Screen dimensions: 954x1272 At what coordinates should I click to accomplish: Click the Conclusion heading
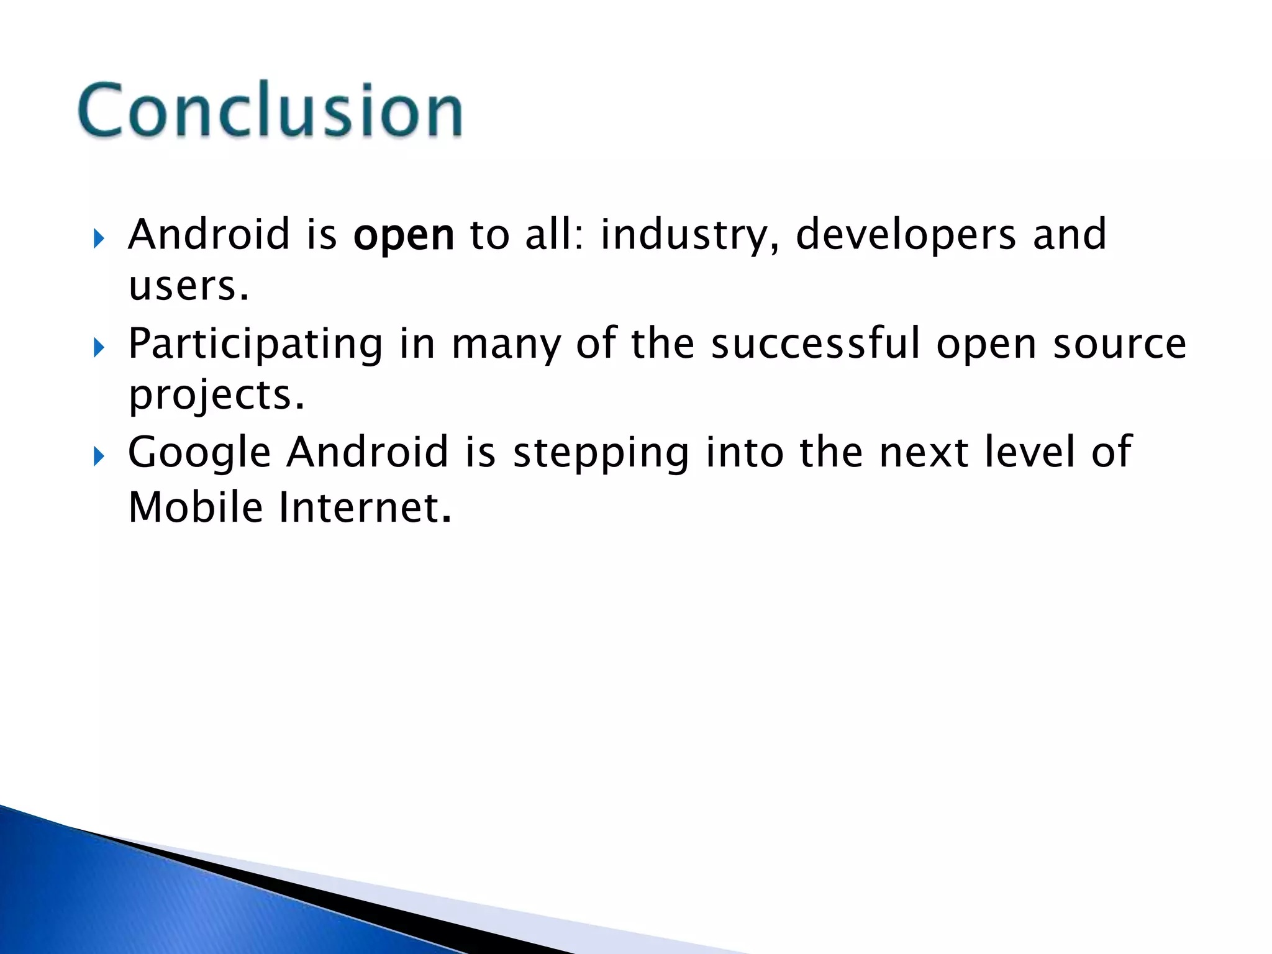pyautogui.click(x=270, y=111)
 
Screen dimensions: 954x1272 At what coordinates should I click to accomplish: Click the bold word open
pyautogui.click(x=404, y=236)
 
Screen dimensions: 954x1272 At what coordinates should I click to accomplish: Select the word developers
pyautogui.click(x=906, y=235)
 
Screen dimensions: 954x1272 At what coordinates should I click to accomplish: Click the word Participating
pyautogui.click(x=255, y=345)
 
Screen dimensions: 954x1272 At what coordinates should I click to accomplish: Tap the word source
pyautogui.click(x=1119, y=345)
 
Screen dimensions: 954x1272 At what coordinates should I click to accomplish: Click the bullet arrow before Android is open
pyautogui.click(x=99, y=238)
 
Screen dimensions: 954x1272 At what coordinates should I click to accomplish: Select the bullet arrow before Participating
pyautogui.click(x=99, y=348)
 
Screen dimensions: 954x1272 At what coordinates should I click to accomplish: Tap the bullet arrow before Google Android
pyautogui.click(x=99, y=457)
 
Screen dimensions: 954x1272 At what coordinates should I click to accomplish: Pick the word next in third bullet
pyautogui.click(x=924, y=453)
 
